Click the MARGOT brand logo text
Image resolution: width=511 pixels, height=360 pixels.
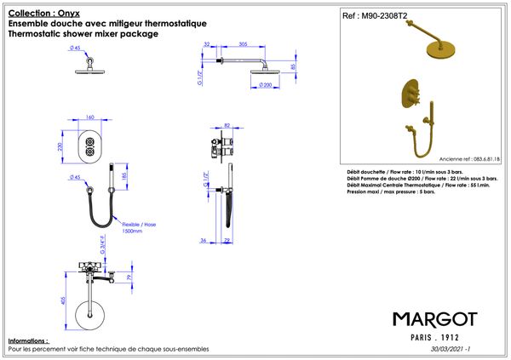434,318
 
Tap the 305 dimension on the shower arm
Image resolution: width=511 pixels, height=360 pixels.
244,43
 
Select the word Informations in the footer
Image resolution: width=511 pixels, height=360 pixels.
28,340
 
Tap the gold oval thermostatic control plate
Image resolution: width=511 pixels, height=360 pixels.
404,100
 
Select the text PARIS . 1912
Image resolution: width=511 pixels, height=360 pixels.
434,337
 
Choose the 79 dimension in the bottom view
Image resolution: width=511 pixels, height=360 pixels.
128,277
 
